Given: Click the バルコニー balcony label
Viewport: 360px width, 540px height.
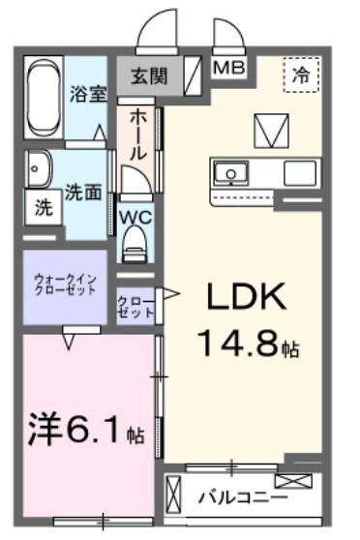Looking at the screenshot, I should [242, 497].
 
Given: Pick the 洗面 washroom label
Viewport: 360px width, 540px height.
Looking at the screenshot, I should [83, 192].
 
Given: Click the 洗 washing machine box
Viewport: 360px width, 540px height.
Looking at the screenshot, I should [43, 205].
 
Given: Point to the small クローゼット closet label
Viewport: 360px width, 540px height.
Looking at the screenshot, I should [135, 308].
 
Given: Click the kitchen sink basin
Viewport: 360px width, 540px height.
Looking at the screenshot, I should [233, 174].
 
